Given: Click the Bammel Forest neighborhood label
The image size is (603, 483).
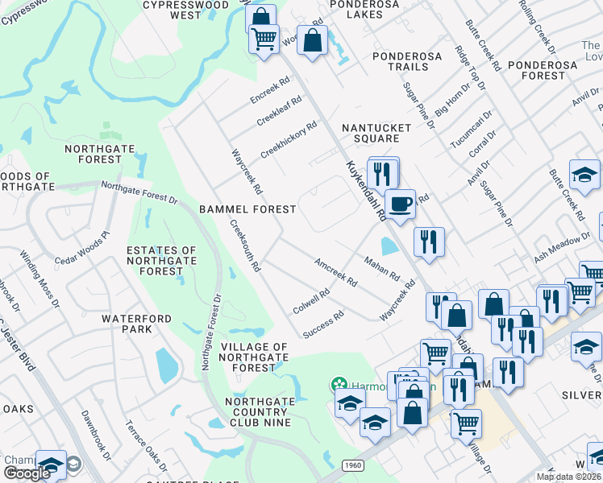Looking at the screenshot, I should [x=247, y=209].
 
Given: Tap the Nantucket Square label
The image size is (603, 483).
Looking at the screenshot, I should [x=376, y=133].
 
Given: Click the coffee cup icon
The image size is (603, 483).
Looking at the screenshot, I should [x=399, y=204].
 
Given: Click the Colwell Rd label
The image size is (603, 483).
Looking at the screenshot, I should [x=311, y=303].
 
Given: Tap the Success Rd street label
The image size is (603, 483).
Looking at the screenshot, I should [x=323, y=324].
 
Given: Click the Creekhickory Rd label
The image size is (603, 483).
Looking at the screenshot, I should [x=289, y=140].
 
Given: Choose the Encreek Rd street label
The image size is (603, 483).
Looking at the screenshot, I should [x=269, y=95].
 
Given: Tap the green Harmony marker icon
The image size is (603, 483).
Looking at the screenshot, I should [x=339, y=386].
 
